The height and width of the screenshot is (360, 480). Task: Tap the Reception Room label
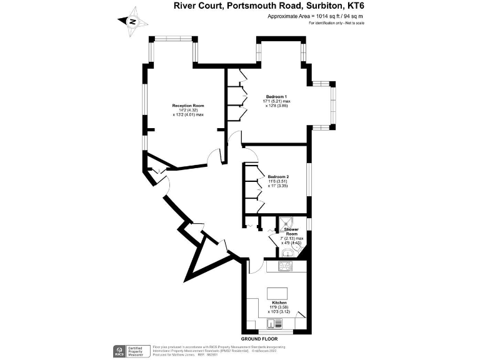[x=188, y=106]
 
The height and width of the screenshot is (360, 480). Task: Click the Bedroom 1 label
[x=276, y=96]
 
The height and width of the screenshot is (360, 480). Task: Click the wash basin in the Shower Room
[x=286, y=254]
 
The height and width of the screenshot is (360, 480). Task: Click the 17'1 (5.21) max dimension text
[x=277, y=101]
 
